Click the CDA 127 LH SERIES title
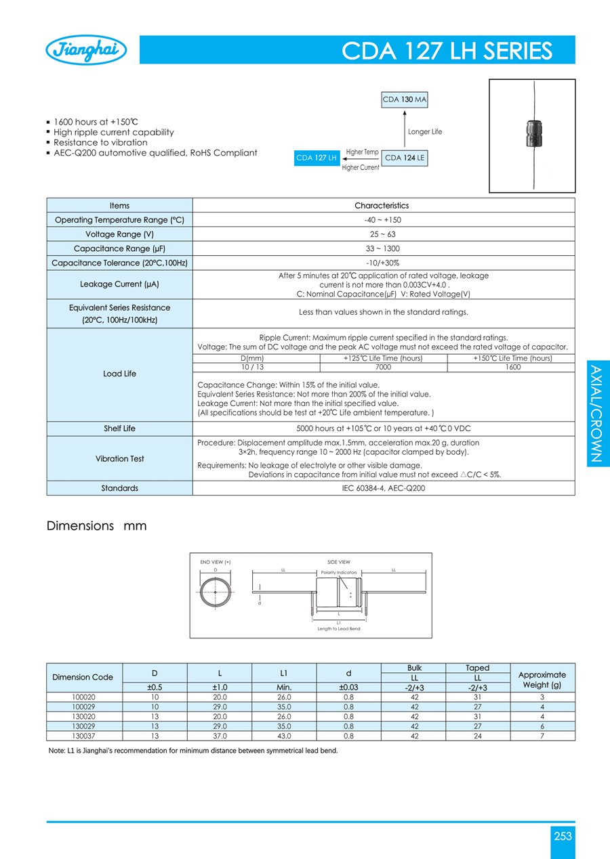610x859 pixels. (447, 51)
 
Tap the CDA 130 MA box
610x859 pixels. (405, 100)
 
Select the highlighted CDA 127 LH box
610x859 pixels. (317, 158)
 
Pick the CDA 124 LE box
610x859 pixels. (405, 158)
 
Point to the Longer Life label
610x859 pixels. (424, 132)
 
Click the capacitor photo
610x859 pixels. (532, 135)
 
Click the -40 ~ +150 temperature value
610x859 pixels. (383, 220)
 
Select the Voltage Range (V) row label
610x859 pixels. (119, 234)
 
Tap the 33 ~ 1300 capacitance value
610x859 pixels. (383, 248)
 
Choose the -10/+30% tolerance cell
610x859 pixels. (383, 263)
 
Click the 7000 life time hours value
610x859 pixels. (383, 367)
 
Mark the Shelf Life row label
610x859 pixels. (119, 428)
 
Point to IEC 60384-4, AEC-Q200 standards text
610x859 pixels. (383, 488)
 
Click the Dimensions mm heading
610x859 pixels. (96, 526)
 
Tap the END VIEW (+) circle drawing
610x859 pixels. (216, 592)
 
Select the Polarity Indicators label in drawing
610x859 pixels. (339, 573)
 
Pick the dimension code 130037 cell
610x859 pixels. (84, 736)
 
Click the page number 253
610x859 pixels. (563, 836)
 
